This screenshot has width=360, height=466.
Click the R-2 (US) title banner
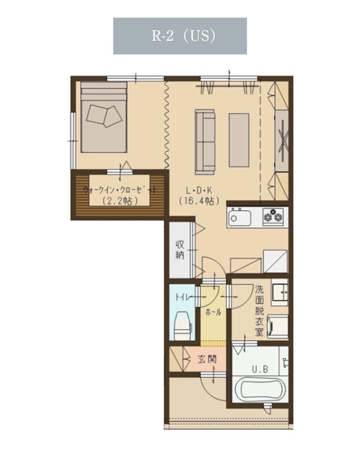(180, 36)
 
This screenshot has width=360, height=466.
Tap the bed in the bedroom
(104, 117)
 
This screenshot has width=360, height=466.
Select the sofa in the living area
(205, 142)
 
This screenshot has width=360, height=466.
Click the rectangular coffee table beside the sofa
(239, 140)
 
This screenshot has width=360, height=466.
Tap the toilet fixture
(182, 326)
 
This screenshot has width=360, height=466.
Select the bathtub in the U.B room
(260, 389)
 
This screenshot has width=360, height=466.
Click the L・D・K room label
(199, 190)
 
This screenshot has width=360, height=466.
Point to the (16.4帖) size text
(199, 201)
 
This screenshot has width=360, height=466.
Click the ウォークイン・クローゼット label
(119, 190)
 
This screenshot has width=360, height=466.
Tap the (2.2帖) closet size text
(119, 201)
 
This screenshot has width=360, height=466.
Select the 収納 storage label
(180, 250)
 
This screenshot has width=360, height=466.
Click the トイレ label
(181, 297)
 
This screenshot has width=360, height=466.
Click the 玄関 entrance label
(207, 359)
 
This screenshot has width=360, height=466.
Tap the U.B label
(260, 369)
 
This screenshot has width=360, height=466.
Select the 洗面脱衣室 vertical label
(259, 311)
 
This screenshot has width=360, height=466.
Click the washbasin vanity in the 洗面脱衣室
(279, 292)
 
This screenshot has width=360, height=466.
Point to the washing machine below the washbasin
(278, 327)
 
